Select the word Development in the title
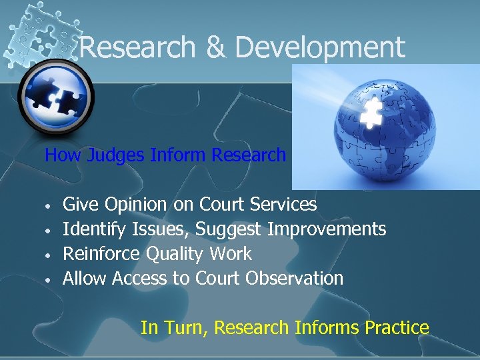[x=320, y=47]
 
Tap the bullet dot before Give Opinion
[x=49, y=205]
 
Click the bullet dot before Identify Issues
[x=49, y=230]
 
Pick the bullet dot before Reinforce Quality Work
[x=49, y=255]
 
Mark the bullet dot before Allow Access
[x=49, y=279]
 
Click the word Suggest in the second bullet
[x=231, y=229]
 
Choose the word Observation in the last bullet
[x=294, y=278]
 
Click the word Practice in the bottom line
[x=397, y=327]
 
